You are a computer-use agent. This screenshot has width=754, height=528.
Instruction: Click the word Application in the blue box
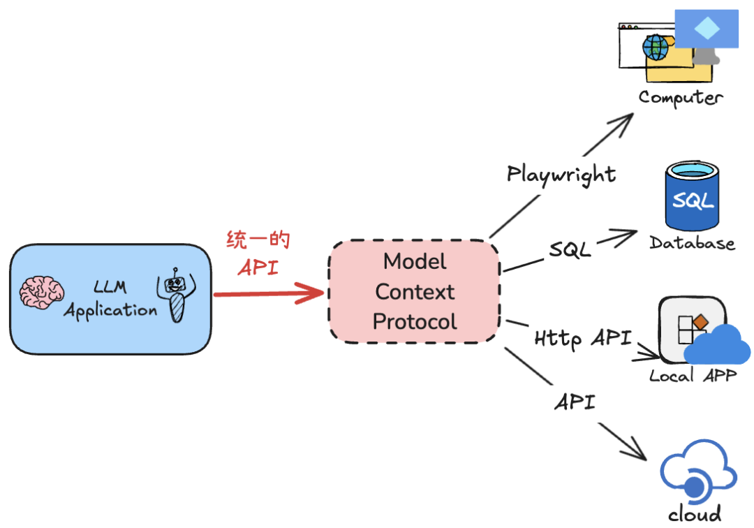click(x=110, y=310)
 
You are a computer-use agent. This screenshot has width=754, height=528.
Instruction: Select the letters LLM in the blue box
click(x=110, y=287)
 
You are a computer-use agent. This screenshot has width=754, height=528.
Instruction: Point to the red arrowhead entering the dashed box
click(x=314, y=293)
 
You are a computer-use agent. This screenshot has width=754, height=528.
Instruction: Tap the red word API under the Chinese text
click(x=258, y=267)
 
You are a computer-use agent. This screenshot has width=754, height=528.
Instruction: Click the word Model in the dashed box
click(x=415, y=262)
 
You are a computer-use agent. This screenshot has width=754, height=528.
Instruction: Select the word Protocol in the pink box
click(x=415, y=321)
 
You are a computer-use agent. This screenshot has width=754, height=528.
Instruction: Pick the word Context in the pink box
click(x=415, y=292)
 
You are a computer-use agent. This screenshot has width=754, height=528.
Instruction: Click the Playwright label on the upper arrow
click(x=561, y=174)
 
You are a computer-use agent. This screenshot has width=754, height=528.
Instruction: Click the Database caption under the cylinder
click(x=692, y=243)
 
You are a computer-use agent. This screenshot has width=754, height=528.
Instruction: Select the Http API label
click(x=583, y=339)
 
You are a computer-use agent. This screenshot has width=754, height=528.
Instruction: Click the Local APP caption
click(x=693, y=376)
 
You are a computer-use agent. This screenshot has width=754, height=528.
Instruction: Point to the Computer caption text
click(x=681, y=97)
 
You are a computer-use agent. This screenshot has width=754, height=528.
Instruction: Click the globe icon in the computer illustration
click(x=656, y=47)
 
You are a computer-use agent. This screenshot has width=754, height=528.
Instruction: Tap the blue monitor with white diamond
click(x=707, y=29)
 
